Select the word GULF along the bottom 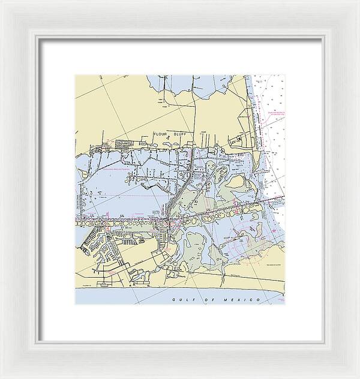pyautogui.click(x=179, y=299)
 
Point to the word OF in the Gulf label pyautogui.click(x=198, y=299)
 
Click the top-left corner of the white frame pyautogui.click(x=37, y=37)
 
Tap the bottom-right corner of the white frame pyautogui.click(x=322, y=341)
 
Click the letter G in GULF pyautogui.click(x=173, y=299)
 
